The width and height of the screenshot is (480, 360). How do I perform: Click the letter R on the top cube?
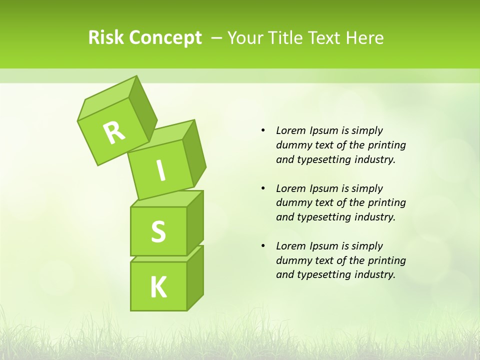114,132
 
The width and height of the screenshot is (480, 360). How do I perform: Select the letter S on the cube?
158,232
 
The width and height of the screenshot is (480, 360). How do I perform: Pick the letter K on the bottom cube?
158,287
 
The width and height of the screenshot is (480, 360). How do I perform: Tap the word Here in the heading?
365,38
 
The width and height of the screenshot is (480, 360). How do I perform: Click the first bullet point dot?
263,130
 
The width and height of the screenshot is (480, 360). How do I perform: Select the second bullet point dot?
263,188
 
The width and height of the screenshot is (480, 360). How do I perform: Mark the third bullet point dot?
263,246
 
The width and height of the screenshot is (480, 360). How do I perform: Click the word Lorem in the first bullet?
290,130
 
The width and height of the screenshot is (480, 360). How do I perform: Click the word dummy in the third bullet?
291,260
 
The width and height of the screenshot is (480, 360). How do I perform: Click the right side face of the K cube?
195,277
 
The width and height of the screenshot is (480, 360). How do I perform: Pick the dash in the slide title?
217,38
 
